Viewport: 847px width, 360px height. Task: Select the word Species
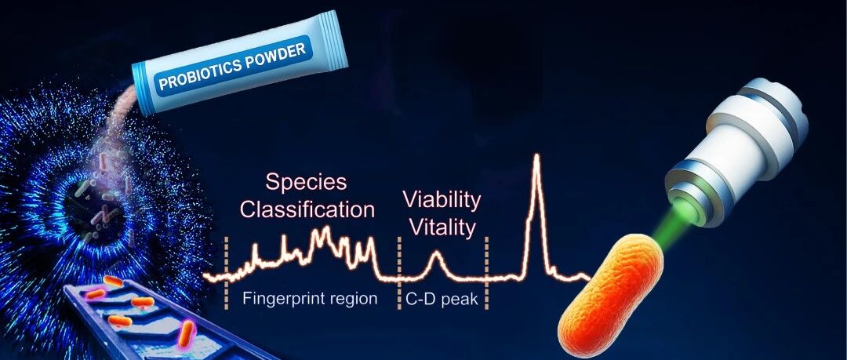tap(306, 182)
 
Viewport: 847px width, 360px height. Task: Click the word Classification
tap(307, 209)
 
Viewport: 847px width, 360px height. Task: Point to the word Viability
tap(442, 201)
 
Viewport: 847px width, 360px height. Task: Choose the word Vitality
tap(442, 227)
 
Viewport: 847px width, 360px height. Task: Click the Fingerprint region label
tap(310, 299)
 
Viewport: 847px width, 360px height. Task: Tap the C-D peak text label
tap(442, 299)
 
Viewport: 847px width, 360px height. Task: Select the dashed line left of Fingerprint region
tap(227, 273)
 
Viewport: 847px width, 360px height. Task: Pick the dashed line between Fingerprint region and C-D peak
tap(399, 273)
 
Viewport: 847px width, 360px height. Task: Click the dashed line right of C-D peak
tap(486, 273)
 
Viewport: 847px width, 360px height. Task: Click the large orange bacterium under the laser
tap(610, 296)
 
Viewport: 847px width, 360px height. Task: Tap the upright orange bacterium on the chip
tap(187, 334)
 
